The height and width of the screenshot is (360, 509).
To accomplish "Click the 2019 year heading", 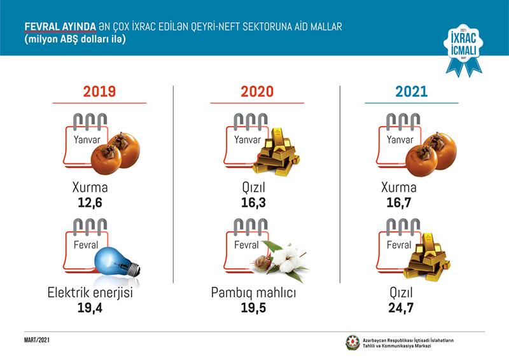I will coord(99,92).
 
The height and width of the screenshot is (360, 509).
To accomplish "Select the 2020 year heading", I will coord(257,92).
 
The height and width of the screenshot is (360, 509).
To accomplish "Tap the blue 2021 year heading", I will coord(412,92).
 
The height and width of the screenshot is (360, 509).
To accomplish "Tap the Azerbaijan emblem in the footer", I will coord(352,342).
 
